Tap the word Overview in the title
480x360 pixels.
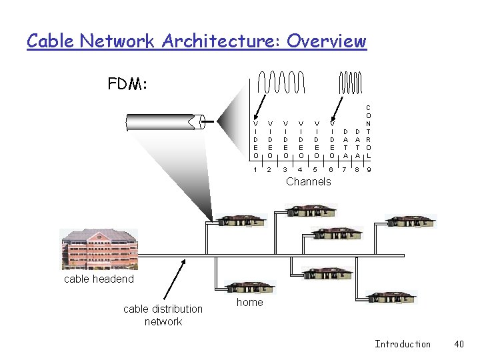pyautogui.click(x=327, y=41)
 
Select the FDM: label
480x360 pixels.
pyautogui.click(x=128, y=85)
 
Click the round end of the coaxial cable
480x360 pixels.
pyautogui.click(x=198, y=122)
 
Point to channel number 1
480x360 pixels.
pyautogui.click(x=256, y=170)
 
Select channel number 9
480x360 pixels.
pyautogui.click(x=369, y=170)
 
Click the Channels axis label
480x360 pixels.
pyautogui.click(x=308, y=181)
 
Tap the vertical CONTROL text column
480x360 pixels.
pyautogui.click(x=369, y=131)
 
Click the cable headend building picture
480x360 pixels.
pyautogui.click(x=99, y=249)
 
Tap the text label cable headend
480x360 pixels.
pyautogui.click(x=99, y=279)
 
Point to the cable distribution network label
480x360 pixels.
pyautogui.click(x=163, y=315)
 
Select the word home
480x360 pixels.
pyautogui.click(x=250, y=302)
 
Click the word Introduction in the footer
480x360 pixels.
pyautogui.click(x=403, y=344)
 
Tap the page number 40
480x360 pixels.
pyautogui.click(x=459, y=344)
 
